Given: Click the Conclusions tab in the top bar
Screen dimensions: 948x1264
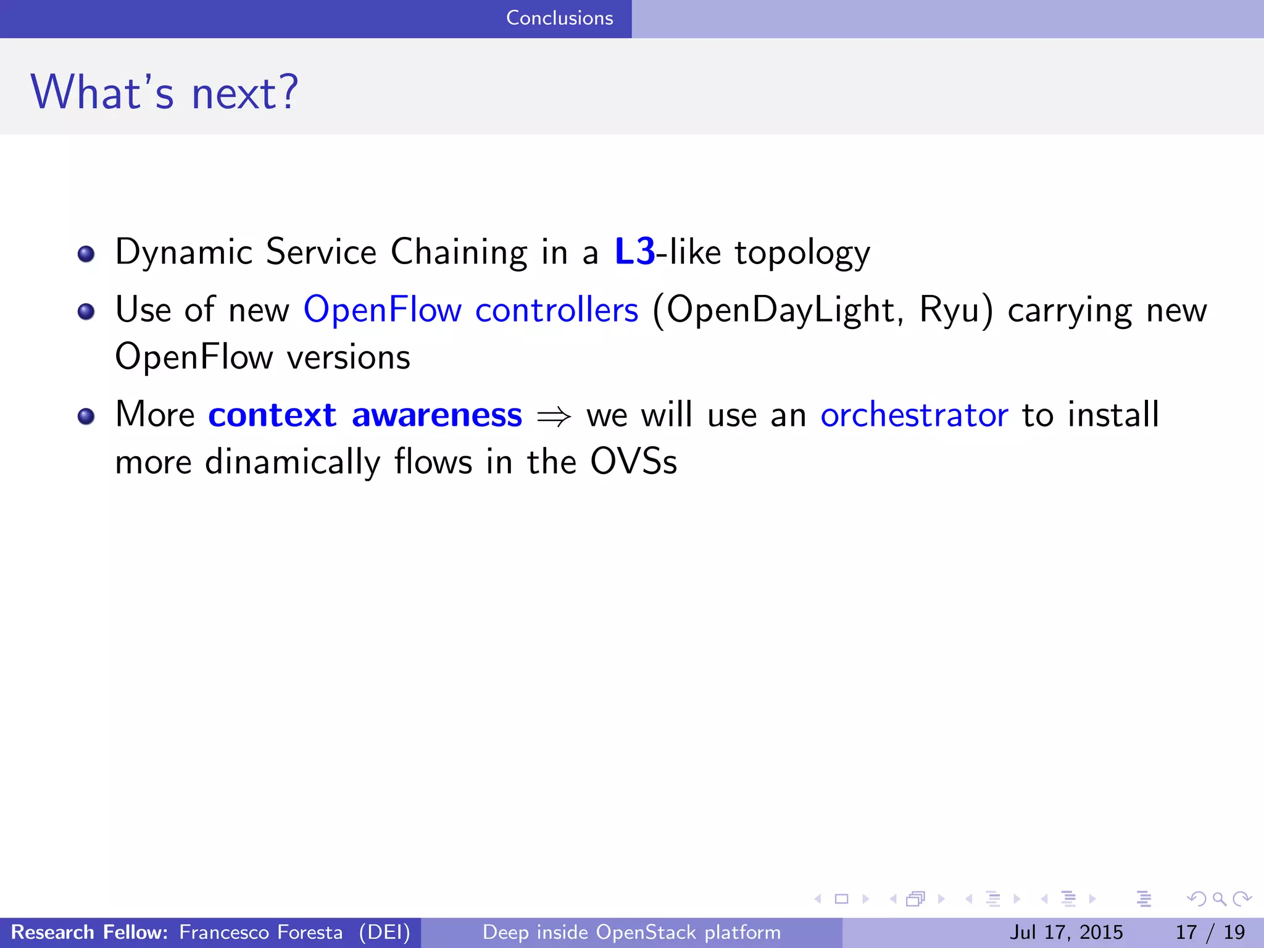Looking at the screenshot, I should [559, 18].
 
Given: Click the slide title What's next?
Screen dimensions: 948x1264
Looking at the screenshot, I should [164, 93].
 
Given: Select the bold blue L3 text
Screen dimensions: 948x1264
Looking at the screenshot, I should [634, 252].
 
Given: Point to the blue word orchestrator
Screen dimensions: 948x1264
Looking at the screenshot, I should [914, 415].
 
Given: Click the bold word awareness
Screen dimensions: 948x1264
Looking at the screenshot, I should [437, 415].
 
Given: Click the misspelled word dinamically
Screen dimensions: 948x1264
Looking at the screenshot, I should [293, 462].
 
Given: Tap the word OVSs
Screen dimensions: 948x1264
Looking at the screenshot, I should [633, 462].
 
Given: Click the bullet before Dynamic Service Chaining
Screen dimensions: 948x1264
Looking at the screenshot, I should [86, 254].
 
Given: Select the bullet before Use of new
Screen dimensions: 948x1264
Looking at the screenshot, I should [86, 312].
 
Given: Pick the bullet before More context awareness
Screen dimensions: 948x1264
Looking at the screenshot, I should [86, 417].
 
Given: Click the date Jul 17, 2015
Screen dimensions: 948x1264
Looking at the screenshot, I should [1066, 932].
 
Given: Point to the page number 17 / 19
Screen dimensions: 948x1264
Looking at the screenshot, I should [1210, 932].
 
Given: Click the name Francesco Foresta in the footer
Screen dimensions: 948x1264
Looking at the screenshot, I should [260, 932].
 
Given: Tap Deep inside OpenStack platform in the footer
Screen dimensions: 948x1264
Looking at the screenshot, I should [631, 932].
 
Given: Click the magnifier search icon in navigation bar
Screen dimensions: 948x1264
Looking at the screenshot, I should [1219, 899].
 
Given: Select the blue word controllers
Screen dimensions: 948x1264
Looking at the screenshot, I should [557, 310].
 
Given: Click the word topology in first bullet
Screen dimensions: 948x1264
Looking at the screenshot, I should [802, 253].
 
